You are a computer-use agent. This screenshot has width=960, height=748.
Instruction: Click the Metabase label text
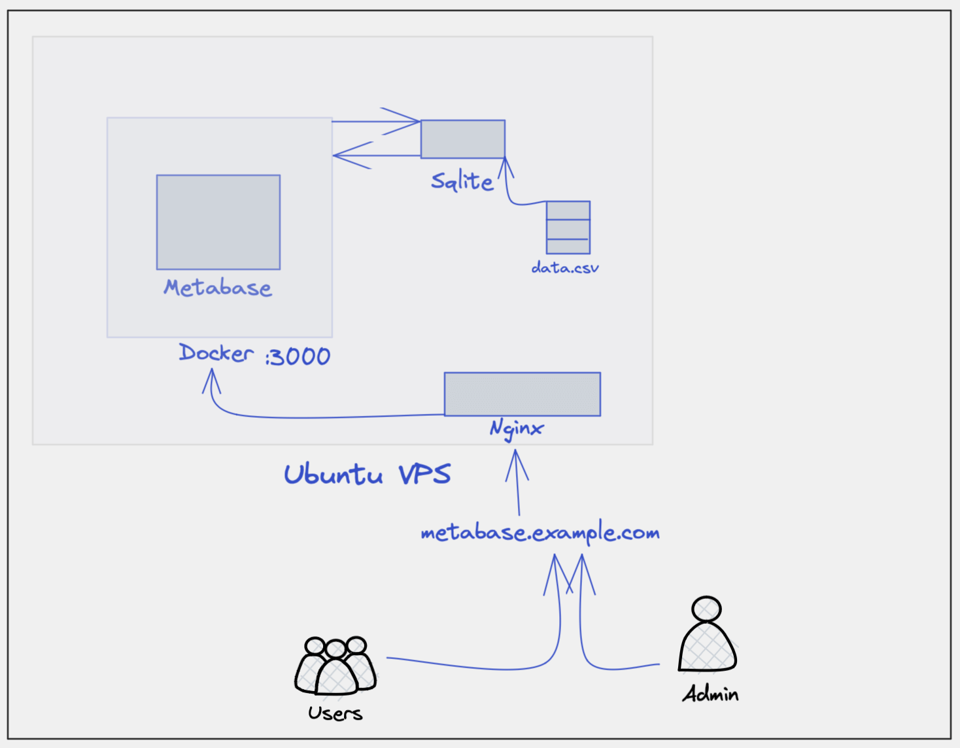tap(218, 288)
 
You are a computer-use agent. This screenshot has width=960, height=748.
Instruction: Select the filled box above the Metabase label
tap(218, 222)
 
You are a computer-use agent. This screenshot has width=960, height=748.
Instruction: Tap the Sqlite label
tap(462, 181)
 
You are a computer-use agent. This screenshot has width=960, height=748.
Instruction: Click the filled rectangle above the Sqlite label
tap(463, 139)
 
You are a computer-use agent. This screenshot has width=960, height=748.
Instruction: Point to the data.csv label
tap(565, 267)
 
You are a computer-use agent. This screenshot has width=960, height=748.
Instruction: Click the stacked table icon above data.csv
tap(568, 228)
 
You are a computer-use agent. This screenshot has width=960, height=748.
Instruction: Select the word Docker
tap(216, 353)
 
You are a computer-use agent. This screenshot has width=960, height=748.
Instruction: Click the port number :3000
tap(298, 357)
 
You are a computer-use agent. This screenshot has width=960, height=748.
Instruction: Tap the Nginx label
tap(517, 429)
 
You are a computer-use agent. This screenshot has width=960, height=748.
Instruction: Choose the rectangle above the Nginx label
tap(523, 394)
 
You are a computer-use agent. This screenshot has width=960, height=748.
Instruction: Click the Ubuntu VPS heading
tap(367, 474)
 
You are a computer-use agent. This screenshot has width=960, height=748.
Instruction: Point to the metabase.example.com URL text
tap(540, 534)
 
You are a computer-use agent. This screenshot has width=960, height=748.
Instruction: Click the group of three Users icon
tap(335, 666)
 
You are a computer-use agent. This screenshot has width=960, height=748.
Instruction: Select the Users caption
tap(335, 713)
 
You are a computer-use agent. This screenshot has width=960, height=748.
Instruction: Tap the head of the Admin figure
tap(707, 609)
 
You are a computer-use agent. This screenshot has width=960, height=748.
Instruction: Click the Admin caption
tap(711, 694)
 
